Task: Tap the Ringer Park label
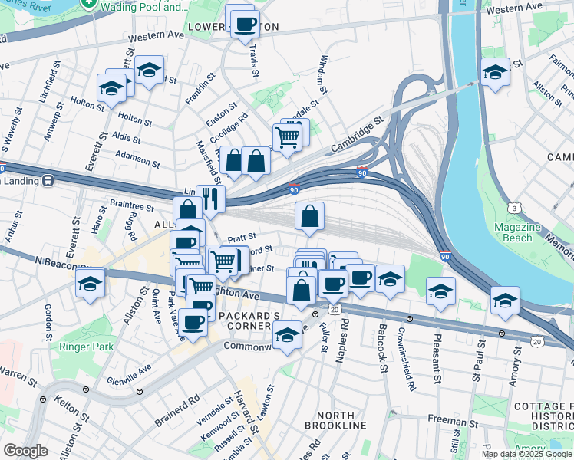coord(85,347)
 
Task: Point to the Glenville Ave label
coord(130,373)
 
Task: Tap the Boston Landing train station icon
coord(48,181)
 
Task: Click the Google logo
coord(26,451)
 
